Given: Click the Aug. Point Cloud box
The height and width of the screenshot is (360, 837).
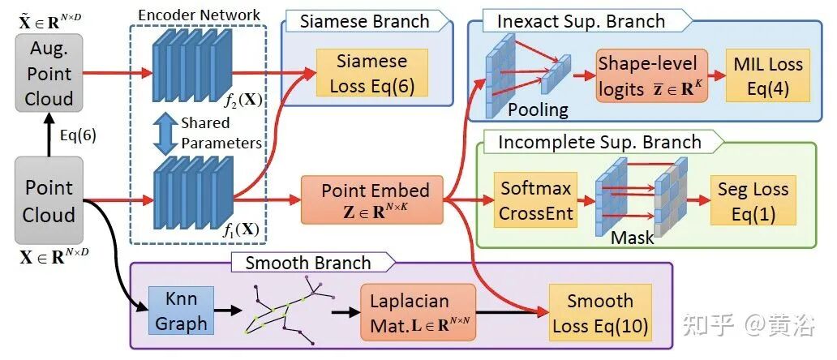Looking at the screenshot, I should click(49, 74).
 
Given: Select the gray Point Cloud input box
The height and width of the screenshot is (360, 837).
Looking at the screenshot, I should click(49, 201).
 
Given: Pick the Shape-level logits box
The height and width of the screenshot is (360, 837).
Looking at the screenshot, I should click(651, 75).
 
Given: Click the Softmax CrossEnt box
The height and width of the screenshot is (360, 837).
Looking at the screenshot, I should click(534, 200).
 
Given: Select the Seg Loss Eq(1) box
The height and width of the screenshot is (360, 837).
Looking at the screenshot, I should click(753, 200).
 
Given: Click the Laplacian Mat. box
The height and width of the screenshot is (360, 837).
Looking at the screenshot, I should click(418, 311).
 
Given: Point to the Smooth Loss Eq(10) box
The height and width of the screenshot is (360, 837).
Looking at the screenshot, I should click(599, 313).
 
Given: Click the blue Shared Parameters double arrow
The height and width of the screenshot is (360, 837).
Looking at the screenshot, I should click(165, 133).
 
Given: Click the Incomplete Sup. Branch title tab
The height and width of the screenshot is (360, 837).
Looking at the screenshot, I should click(599, 143).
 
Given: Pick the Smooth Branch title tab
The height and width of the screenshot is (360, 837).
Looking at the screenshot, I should click(309, 262).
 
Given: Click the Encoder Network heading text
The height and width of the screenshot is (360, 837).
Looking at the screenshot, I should click(199, 14).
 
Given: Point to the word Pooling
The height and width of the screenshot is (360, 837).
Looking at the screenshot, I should click(538, 109).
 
